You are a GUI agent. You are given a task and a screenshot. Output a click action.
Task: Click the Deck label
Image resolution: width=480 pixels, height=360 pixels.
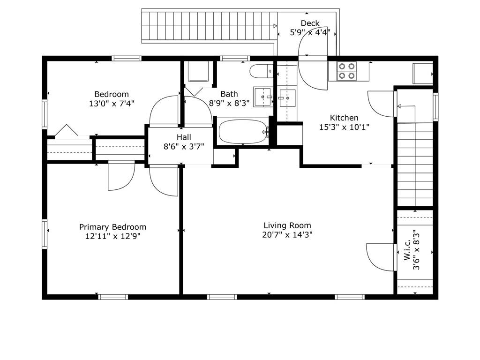(x=310, y=23)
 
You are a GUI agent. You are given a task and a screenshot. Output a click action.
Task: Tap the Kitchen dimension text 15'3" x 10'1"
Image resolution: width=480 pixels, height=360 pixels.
(x=345, y=127)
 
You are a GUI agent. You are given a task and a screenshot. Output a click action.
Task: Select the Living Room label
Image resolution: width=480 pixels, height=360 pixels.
(x=287, y=225)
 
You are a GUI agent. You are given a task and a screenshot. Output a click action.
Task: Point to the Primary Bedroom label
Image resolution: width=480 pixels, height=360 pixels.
(x=112, y=227)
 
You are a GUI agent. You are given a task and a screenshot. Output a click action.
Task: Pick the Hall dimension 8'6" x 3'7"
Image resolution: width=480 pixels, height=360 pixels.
(x=184, y=147)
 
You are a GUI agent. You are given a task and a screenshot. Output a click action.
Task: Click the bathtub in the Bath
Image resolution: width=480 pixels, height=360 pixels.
(x=243, y=131)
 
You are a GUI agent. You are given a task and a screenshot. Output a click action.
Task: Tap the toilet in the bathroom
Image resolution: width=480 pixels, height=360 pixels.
(x=262, y=72)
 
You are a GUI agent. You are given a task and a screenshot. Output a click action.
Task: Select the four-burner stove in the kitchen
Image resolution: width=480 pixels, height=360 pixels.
(x=347, y=71)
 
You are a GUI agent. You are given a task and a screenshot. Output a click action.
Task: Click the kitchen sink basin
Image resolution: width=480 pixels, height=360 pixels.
(x=287, y=98)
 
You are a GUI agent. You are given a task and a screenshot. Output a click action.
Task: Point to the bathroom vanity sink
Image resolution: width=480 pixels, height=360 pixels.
(x=263, y=97)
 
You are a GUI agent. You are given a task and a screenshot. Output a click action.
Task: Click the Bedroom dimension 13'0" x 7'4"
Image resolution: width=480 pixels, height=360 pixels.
(x=112, y=104)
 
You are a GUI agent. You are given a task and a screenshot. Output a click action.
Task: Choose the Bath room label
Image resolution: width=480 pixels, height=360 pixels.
(x=229, y=94)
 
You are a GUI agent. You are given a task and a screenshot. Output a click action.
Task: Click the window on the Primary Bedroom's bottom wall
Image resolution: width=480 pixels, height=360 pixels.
(x=113, y=297)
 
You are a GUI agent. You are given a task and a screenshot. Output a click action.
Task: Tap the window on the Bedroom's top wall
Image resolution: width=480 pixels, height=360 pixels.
(x=127, y=59)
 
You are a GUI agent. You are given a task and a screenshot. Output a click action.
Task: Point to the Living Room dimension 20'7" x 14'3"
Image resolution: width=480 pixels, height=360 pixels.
(x=287, y=235)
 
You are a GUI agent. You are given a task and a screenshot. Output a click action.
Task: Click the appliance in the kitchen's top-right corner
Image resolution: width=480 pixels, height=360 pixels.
(x=423, y=74)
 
